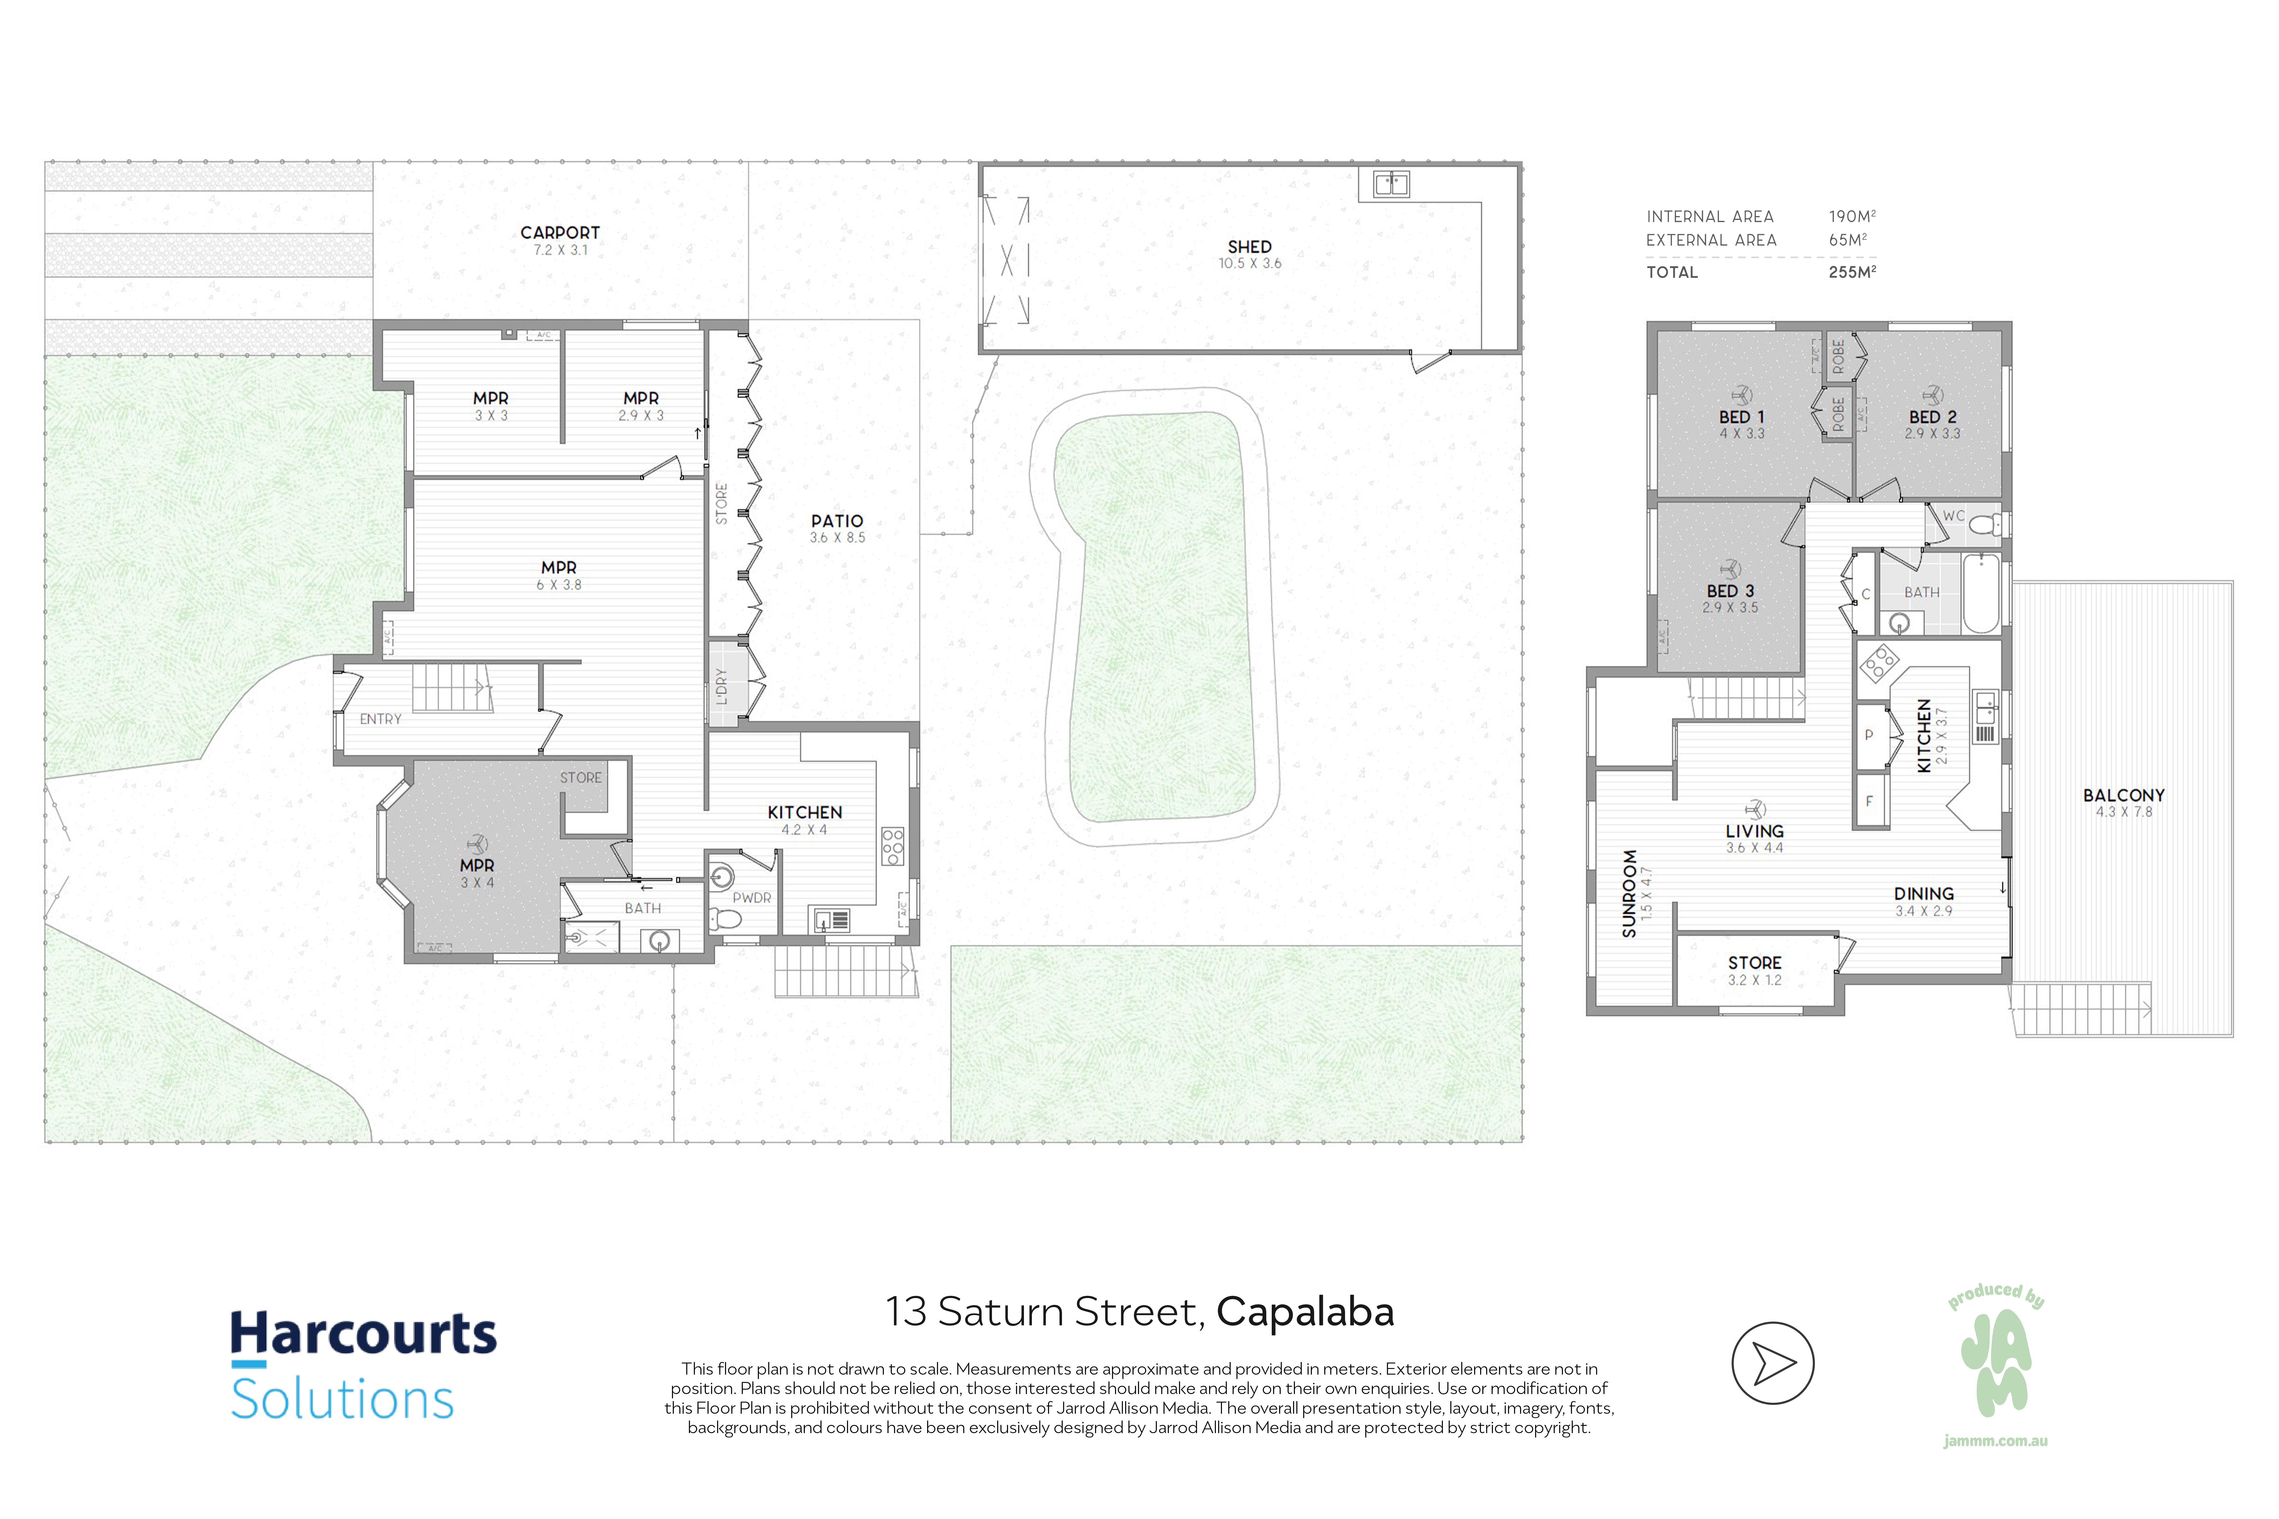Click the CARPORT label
pos(560,232)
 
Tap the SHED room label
pos(1249,247)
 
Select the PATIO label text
pos(837,521)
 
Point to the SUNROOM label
pos(1629,893)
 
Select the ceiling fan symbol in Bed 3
pos(1730,569)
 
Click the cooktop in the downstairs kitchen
pos(892,847)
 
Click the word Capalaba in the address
pos(1305,1312)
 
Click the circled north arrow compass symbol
pos(1772,1363)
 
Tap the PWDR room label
pos(752,898)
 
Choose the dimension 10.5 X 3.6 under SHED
pos(1249,263)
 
